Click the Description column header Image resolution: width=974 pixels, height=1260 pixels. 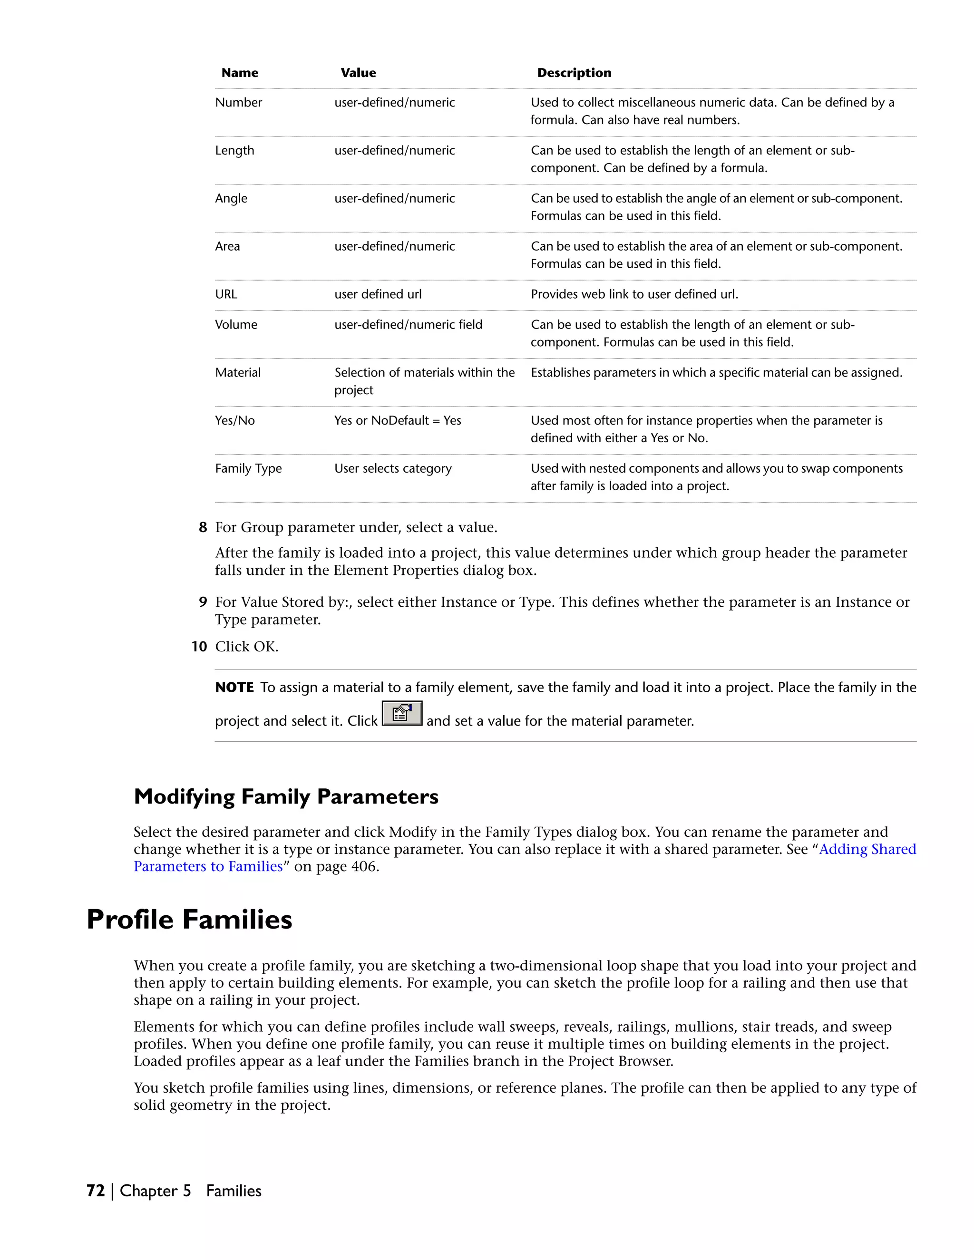[x=574, y=73]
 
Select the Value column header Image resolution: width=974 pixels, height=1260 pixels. [x=358, y=73]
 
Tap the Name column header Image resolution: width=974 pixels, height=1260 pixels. [x=240, y=73]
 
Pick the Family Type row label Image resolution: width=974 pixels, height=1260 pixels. [x=248, y=468]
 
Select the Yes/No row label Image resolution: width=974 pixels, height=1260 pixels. [x=234, y=421]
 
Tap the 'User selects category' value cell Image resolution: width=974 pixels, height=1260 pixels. [x=392, y=468]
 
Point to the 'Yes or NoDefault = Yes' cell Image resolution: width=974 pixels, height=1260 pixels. [x=397, y=421]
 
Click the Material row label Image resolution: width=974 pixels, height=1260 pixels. [x=238, y=373]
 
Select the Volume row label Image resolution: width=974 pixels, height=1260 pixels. [x=236, y=325]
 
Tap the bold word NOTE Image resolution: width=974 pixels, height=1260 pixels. [x=234, y=688]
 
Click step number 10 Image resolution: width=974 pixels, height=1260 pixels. [x=199, y=647]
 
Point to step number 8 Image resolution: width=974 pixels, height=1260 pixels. [x=203, y=527]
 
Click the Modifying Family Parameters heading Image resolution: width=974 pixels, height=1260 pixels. [x=286, y=797]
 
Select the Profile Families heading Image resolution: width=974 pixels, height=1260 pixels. [x=189, y=920]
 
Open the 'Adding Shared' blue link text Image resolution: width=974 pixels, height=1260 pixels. [x=867, y=849]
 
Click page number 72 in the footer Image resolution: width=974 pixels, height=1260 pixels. [x=95, y=1191]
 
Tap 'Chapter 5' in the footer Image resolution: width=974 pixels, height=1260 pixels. [x=155, y=1191]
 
